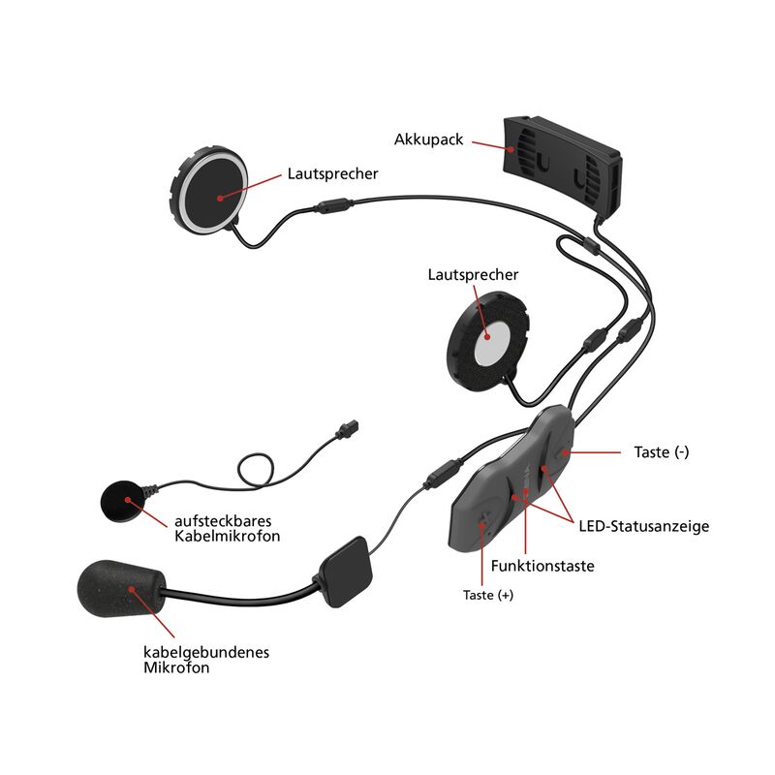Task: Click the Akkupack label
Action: pyautogui.click(x=429, y=139)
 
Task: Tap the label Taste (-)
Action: pyautogui.click(x=662, y=451)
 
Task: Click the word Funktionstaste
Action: pyautogui.click(x=542, y=566)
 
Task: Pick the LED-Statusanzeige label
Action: pyautogui.click(x=644, y=527)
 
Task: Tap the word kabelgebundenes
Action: pyautogui.click(x=199, y=652)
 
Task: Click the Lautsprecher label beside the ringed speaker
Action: pyautogui.click(x=332, y=174)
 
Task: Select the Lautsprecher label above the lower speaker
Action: pyautogui.click(x=473, y=275)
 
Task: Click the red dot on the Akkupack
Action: pyautogui.click(x=510, y=148)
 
